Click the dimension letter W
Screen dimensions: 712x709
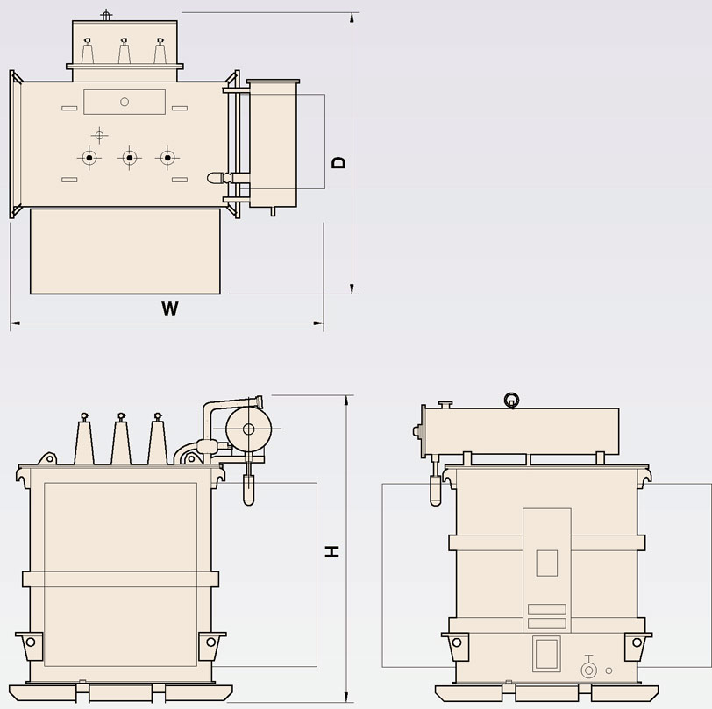pos(170,308)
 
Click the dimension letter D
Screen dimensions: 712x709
pos(338,162)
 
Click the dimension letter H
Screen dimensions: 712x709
pos(332,551)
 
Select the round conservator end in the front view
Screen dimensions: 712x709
pos(248,429)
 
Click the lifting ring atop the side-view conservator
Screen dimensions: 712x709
pos(512,401)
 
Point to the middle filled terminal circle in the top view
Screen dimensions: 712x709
pos(130,158)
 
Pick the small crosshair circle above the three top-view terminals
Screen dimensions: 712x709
pos(99,135)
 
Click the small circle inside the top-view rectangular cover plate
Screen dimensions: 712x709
pos(125,102)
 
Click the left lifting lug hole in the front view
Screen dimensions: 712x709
pos(31,642)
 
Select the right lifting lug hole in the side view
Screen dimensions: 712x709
pos(637,642)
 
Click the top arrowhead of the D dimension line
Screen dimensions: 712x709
pos(352,18)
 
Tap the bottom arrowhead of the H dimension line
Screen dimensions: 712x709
pos(346,698)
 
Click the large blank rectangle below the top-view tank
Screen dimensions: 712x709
pos(125,251)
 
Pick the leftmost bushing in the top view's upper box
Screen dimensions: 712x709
pos(88,51)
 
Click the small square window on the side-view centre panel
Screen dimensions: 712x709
pos(547,563)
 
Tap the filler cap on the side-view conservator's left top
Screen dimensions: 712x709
pos(445,404)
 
